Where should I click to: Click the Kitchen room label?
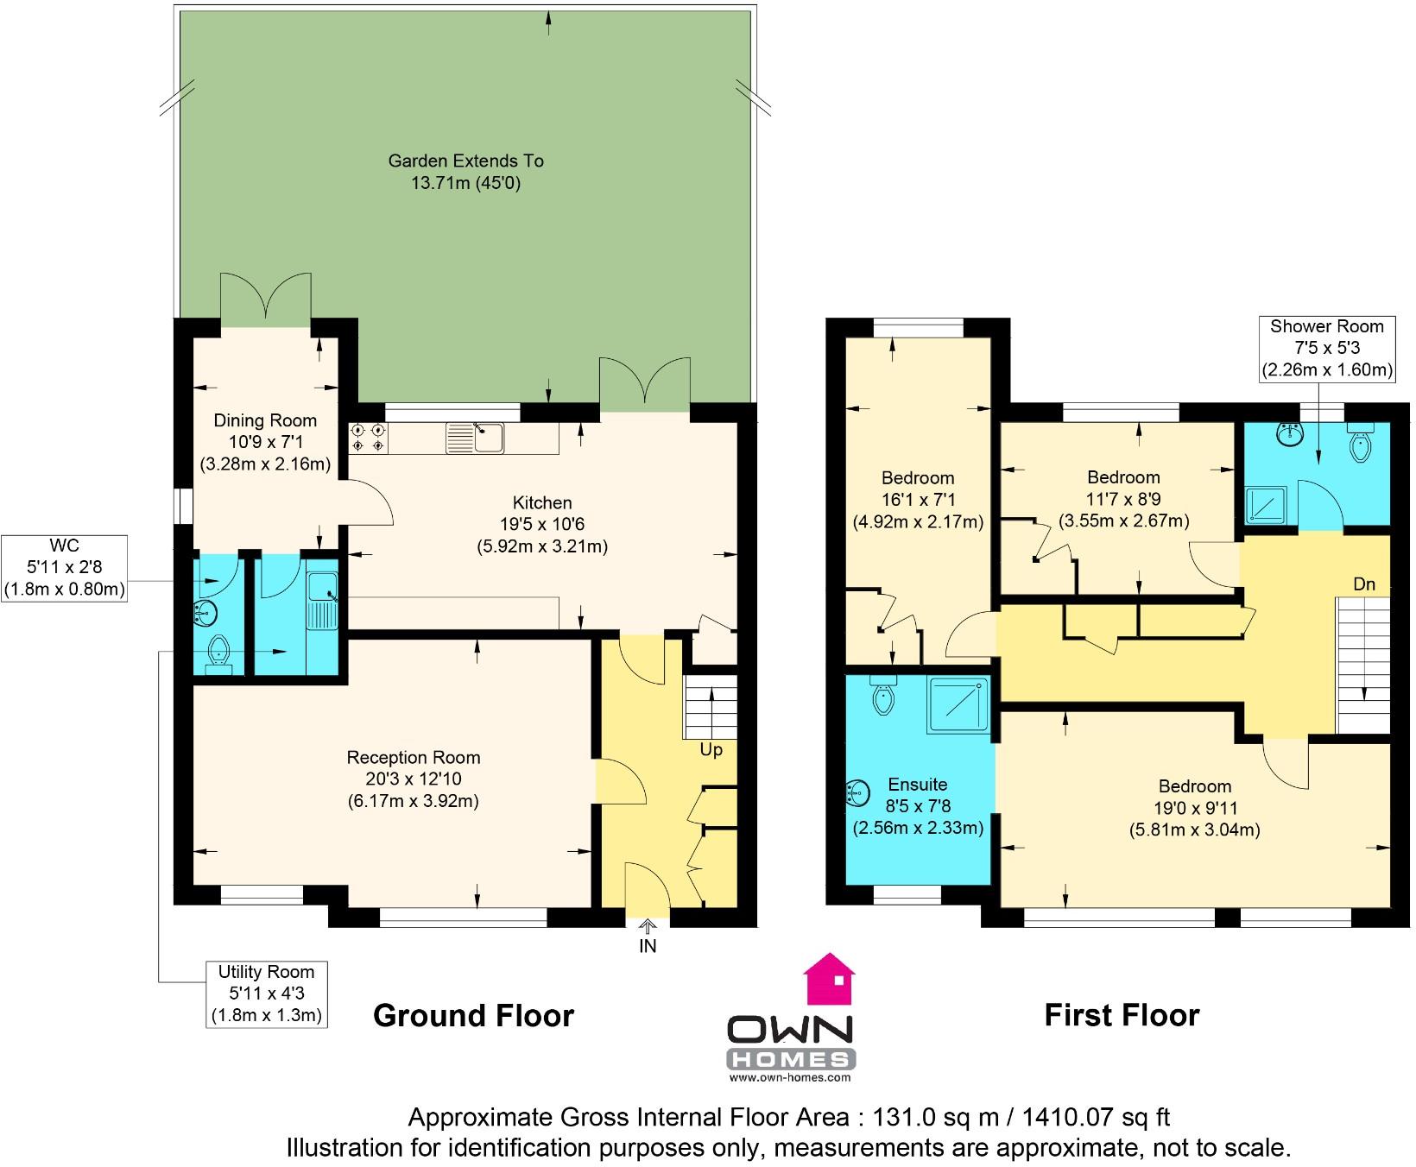542,502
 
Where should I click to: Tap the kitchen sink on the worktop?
476,438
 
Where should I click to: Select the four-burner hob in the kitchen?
367,438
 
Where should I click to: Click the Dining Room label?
265,420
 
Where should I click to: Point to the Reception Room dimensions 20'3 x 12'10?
413,779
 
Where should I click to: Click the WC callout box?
65,568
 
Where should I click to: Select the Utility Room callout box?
266,993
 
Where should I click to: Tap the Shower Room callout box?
1326,348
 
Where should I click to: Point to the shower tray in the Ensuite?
958,705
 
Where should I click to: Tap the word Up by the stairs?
711,750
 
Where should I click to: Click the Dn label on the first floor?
1363,584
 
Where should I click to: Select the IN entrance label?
648,946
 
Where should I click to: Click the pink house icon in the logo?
829,980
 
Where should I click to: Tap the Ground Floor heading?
473,1016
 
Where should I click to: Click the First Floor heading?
1122,1015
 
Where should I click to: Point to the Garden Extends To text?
465,161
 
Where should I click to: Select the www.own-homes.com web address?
790,1078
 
